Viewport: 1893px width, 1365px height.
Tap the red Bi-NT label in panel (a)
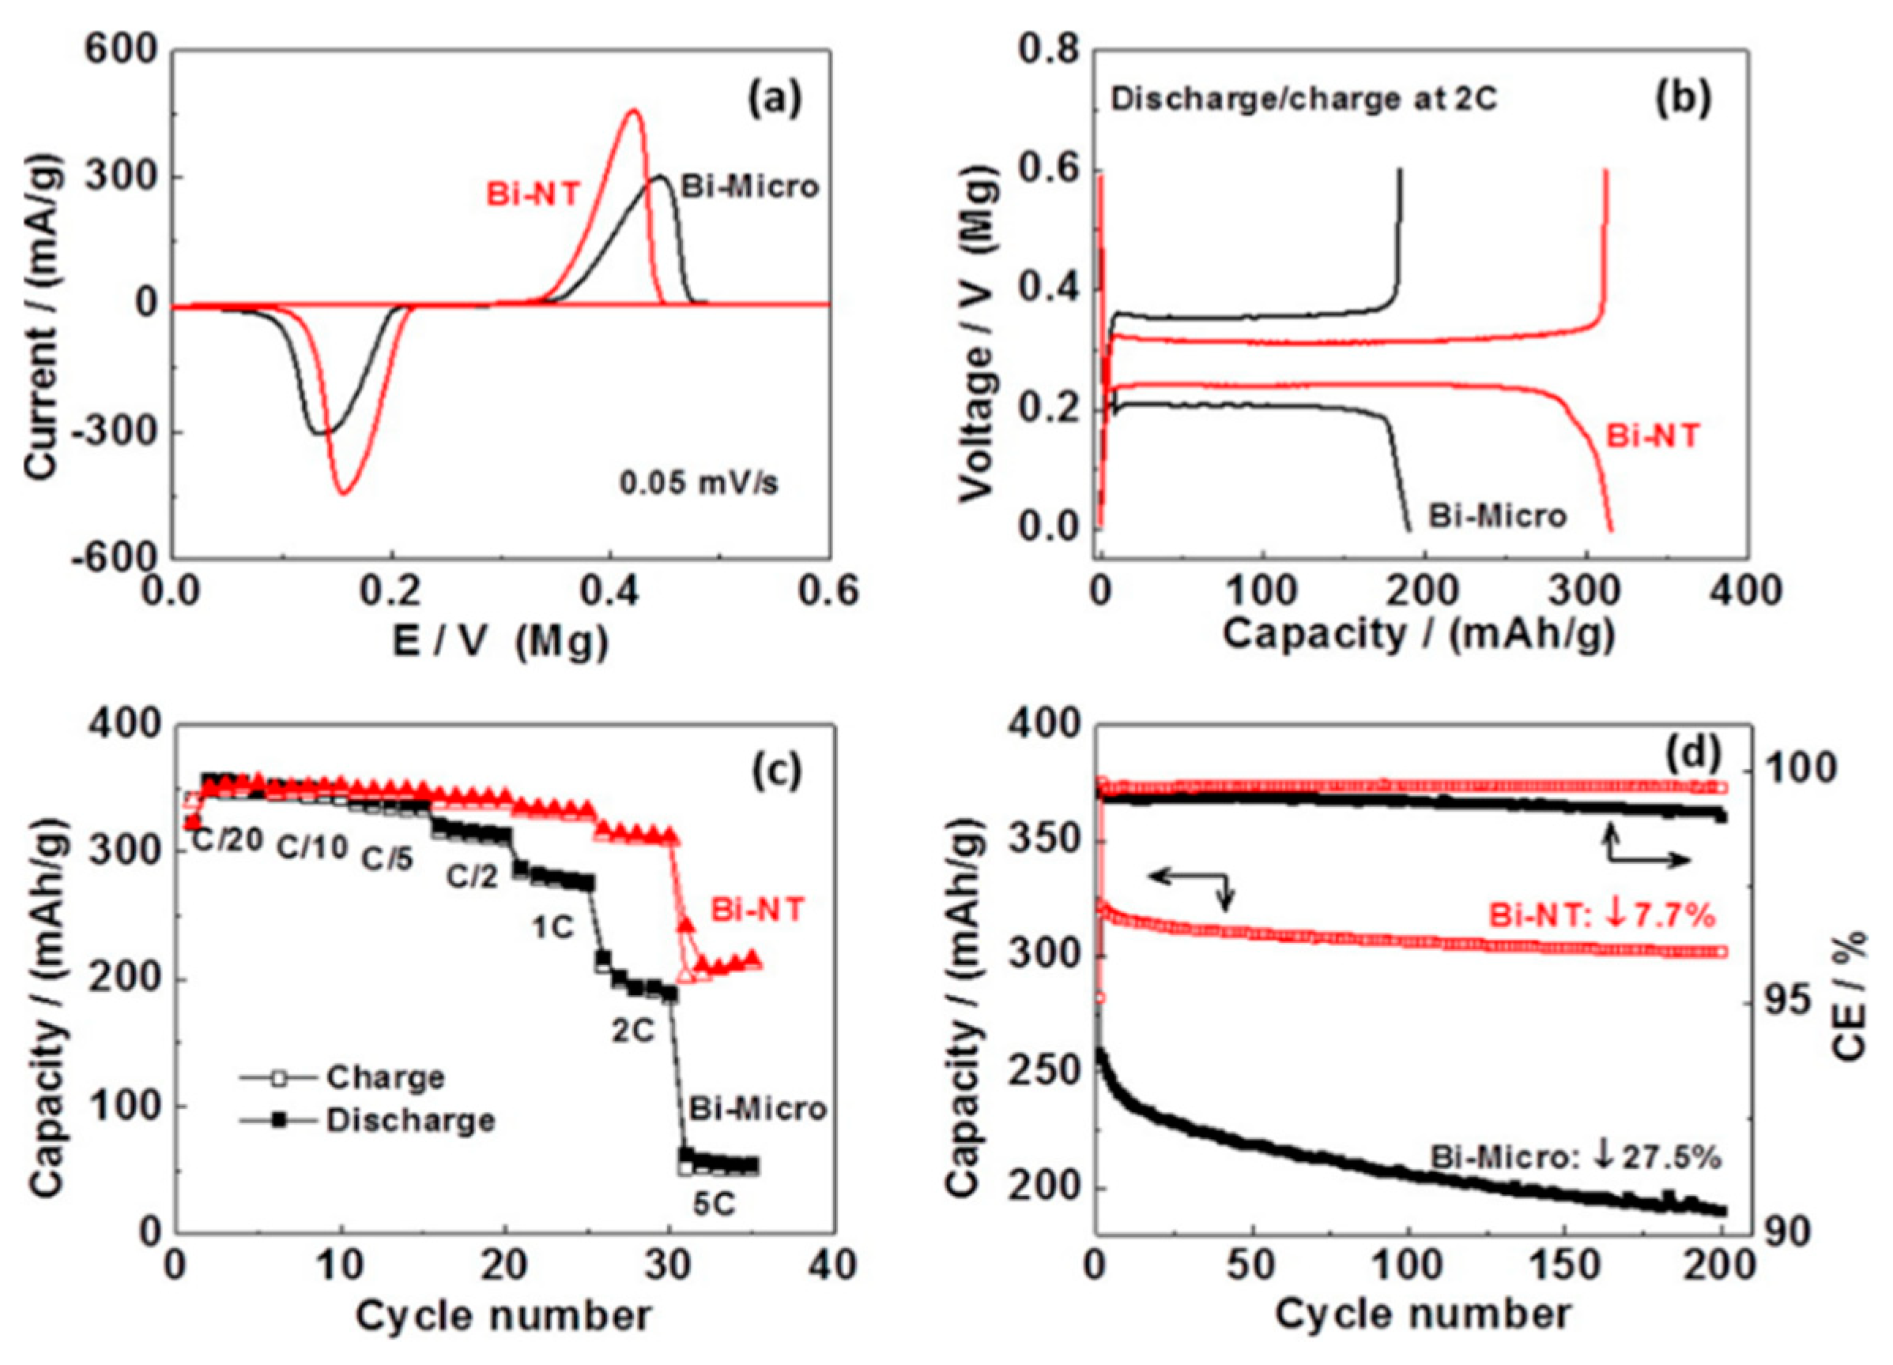tap(533, 194)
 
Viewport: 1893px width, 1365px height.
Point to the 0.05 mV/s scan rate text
tap(699, 483)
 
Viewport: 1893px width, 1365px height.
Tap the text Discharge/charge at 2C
tap(1303, 100)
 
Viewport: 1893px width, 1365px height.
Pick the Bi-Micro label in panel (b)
tap(1497, 515)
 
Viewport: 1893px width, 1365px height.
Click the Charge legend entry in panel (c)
tap(386, 1077)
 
